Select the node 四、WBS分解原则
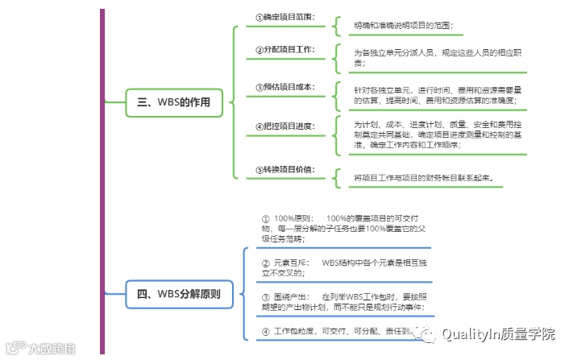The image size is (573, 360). [x=179, y=294]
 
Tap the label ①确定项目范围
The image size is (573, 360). [x=284, y=16]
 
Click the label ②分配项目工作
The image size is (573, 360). [x=284, y=50]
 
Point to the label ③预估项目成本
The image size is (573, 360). [x=284, y=87]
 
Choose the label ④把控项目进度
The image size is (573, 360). [x=284, y=126]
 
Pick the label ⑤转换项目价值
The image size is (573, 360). [x=284, y=169]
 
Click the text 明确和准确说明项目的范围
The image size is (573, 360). [x=403, y=26]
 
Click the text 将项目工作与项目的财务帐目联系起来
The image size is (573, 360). [x=422, y=177]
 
